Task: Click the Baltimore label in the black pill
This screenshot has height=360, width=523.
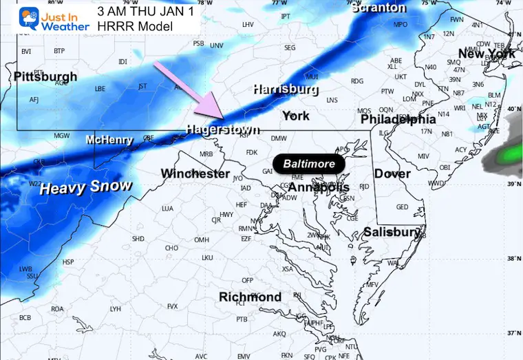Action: point(309,164)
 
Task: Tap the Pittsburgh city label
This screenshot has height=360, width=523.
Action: point(45,76)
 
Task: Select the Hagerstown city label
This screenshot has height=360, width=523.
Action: point(222,129)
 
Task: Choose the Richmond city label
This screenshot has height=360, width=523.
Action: point(250,297)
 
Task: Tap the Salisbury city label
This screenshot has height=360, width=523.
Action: point(392,232)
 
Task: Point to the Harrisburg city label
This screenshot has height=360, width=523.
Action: point(285,89)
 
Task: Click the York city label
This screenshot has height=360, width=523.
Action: point(296,116)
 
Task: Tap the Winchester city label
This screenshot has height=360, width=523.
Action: point(195,173)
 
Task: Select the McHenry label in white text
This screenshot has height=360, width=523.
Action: point(109,140)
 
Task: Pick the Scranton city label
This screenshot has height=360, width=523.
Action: point(378,8)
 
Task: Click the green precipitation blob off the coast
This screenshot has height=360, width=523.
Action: point(510,153)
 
